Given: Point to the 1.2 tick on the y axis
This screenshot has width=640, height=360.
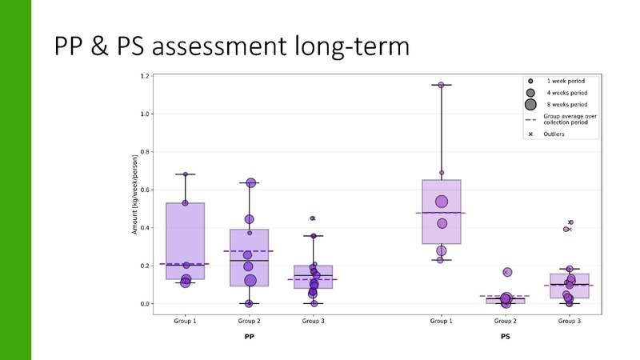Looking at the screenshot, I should (x=145, y=76).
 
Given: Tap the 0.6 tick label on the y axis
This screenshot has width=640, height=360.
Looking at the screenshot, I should (x=145, y=190).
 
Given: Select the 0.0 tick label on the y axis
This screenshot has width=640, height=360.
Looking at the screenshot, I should (x=145, y=304).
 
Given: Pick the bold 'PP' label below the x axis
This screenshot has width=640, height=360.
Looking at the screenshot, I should (x=250, y=337).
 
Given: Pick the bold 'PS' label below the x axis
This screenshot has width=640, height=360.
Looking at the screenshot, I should (x=505, y=337).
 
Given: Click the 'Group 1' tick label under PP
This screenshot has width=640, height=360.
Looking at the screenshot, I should (x=185, y=321).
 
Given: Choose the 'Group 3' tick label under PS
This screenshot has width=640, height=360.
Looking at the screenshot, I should (x=570, y=321).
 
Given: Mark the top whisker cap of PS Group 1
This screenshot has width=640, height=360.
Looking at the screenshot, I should (x=441, y=85).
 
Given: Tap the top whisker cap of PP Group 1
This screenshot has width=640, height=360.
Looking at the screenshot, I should (x=185, y=174).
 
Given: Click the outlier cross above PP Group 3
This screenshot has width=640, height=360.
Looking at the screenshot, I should (x=313, y=218).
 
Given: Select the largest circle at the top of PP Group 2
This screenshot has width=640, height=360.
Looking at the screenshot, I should (x=250, y=183).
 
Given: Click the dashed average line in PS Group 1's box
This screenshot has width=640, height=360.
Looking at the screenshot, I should (x=441, y=213).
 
